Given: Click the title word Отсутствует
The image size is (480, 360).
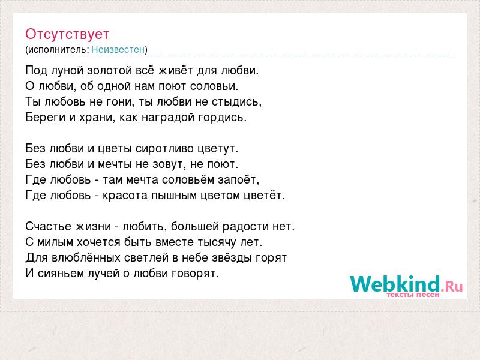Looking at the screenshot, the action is pyautogui.click(x=67, y=34).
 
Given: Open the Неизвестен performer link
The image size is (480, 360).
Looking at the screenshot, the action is pyautogui.click(x=118, y=49).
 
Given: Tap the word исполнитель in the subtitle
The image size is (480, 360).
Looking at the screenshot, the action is pyautogui.click(x=58, y=50).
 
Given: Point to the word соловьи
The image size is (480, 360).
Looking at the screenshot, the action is pyautogui.click(x=214, y=86).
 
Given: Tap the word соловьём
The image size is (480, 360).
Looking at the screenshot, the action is pyautogui.click(x=188, y=179).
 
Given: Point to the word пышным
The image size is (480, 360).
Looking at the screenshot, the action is pyautogui.click(x=174, y=196).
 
